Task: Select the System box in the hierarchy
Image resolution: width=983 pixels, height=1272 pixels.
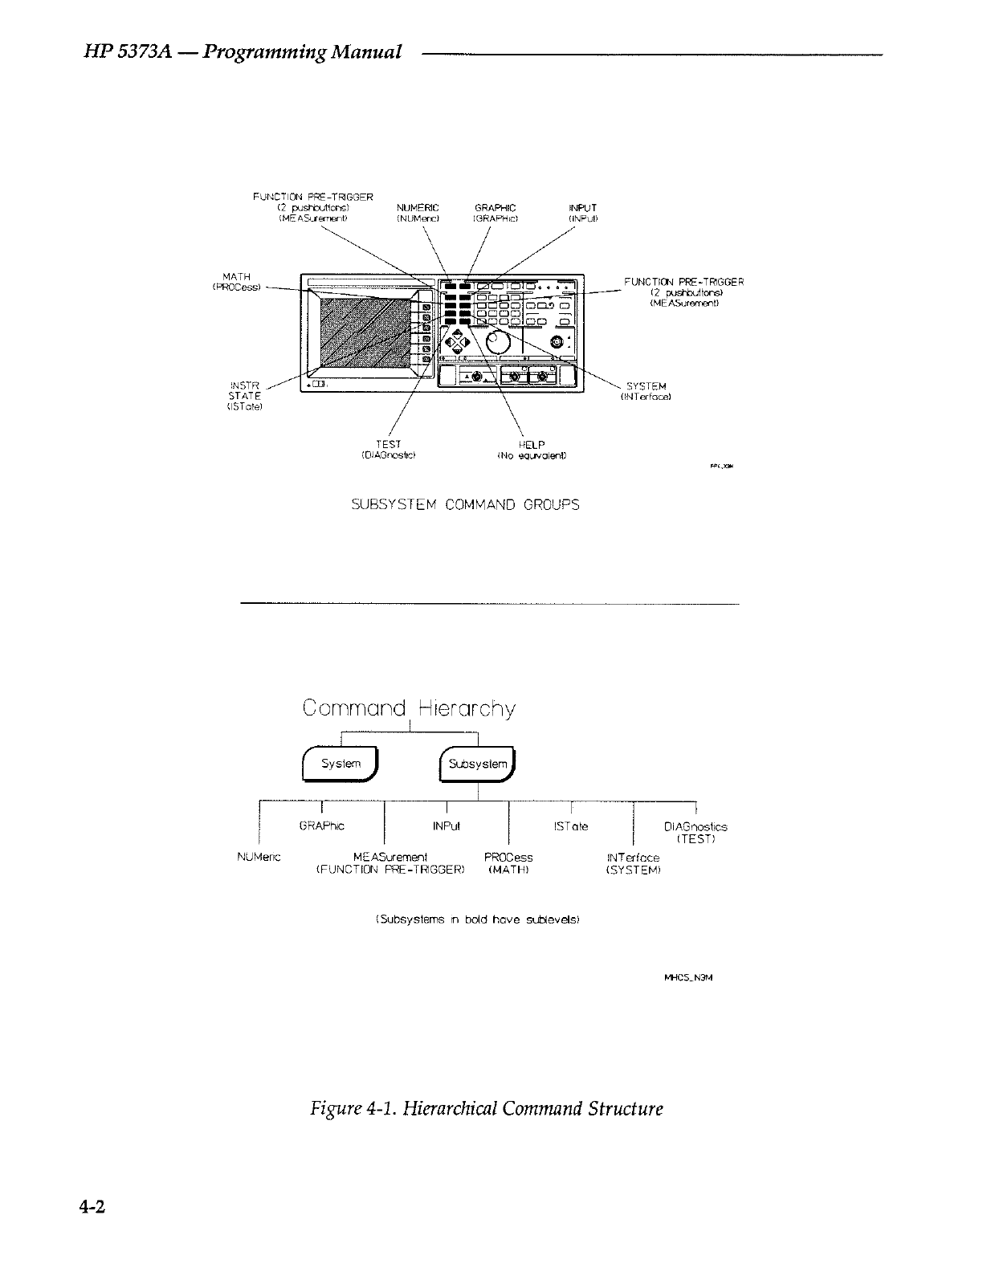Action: (341, 764)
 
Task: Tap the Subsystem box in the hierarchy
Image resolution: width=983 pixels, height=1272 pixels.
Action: (478, 764)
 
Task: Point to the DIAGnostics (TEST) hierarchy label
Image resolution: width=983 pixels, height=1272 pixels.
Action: (695, 832)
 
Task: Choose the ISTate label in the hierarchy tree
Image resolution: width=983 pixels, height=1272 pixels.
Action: (571, 826)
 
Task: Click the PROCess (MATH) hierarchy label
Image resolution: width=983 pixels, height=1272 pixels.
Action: (508, 862)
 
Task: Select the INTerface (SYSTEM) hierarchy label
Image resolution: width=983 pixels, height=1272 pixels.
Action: (634, 863)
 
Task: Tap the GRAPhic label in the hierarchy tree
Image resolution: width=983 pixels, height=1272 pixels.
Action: (321, 826)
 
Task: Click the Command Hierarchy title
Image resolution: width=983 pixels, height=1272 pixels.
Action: (409, 709)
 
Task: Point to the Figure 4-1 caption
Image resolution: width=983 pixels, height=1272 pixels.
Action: (487, 1109)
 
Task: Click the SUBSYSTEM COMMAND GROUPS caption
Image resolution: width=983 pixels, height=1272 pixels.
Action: (466, 506)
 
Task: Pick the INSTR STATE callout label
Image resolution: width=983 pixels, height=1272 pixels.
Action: (244, 395)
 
